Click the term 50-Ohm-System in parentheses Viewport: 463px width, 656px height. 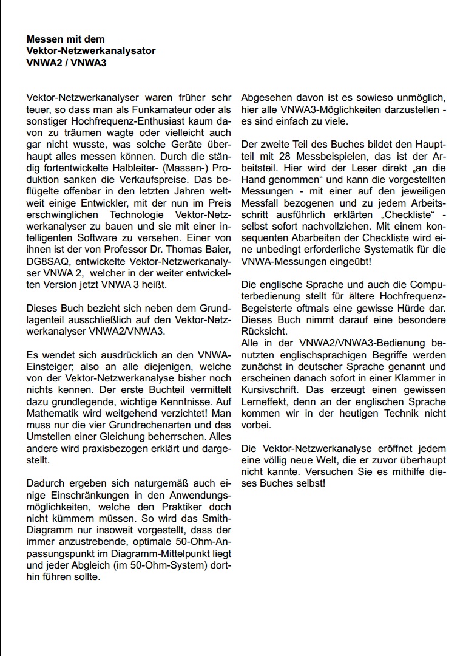[160, 565]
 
